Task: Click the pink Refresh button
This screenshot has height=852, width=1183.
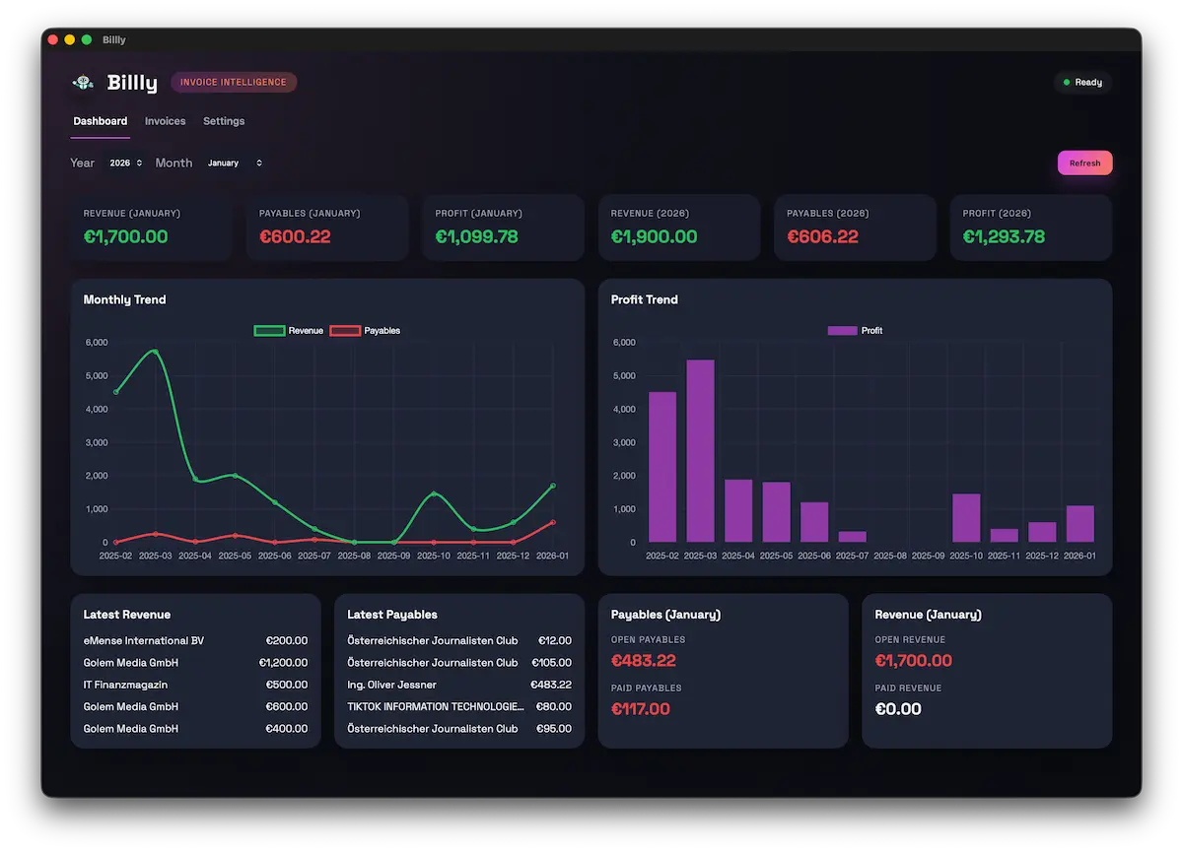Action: click(x=1084, y=164)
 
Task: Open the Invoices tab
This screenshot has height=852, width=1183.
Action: click(x=165, y=121)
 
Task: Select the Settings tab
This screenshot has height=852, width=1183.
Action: click(x=224, y=121)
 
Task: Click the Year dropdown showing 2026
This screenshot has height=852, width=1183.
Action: click(x=126, y=164)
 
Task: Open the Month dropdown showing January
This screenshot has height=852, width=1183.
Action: click(x=235, y=164)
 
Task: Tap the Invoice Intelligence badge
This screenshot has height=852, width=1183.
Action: click(x=234, y=83)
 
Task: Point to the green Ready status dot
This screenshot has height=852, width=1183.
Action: click(x=1067, y=83)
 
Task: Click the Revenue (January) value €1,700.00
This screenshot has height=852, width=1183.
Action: click(x=125, y=237)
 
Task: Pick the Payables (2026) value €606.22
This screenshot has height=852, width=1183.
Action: click(x=822, y=237)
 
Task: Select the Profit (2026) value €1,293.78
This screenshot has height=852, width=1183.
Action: click(x=1004, y=237)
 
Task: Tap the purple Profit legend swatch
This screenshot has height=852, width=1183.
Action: click(x=842, y=331)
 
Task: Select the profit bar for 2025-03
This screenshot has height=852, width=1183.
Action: click(x=700, y=451)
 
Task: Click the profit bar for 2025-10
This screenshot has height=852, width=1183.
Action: click(x=966, y=518)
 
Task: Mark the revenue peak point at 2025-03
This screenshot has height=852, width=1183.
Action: click(x=155, y=352)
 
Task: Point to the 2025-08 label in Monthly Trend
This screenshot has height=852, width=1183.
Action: click(x=354, y=556)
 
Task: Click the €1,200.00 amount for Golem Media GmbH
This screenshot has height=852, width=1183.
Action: click(x=283, y=663)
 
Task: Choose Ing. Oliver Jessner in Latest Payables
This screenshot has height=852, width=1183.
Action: click(x=391, y=685)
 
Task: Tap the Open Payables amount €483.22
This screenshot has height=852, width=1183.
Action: click(x=644, y=661)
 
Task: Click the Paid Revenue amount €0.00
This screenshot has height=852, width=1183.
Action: click(x=898, y=709)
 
